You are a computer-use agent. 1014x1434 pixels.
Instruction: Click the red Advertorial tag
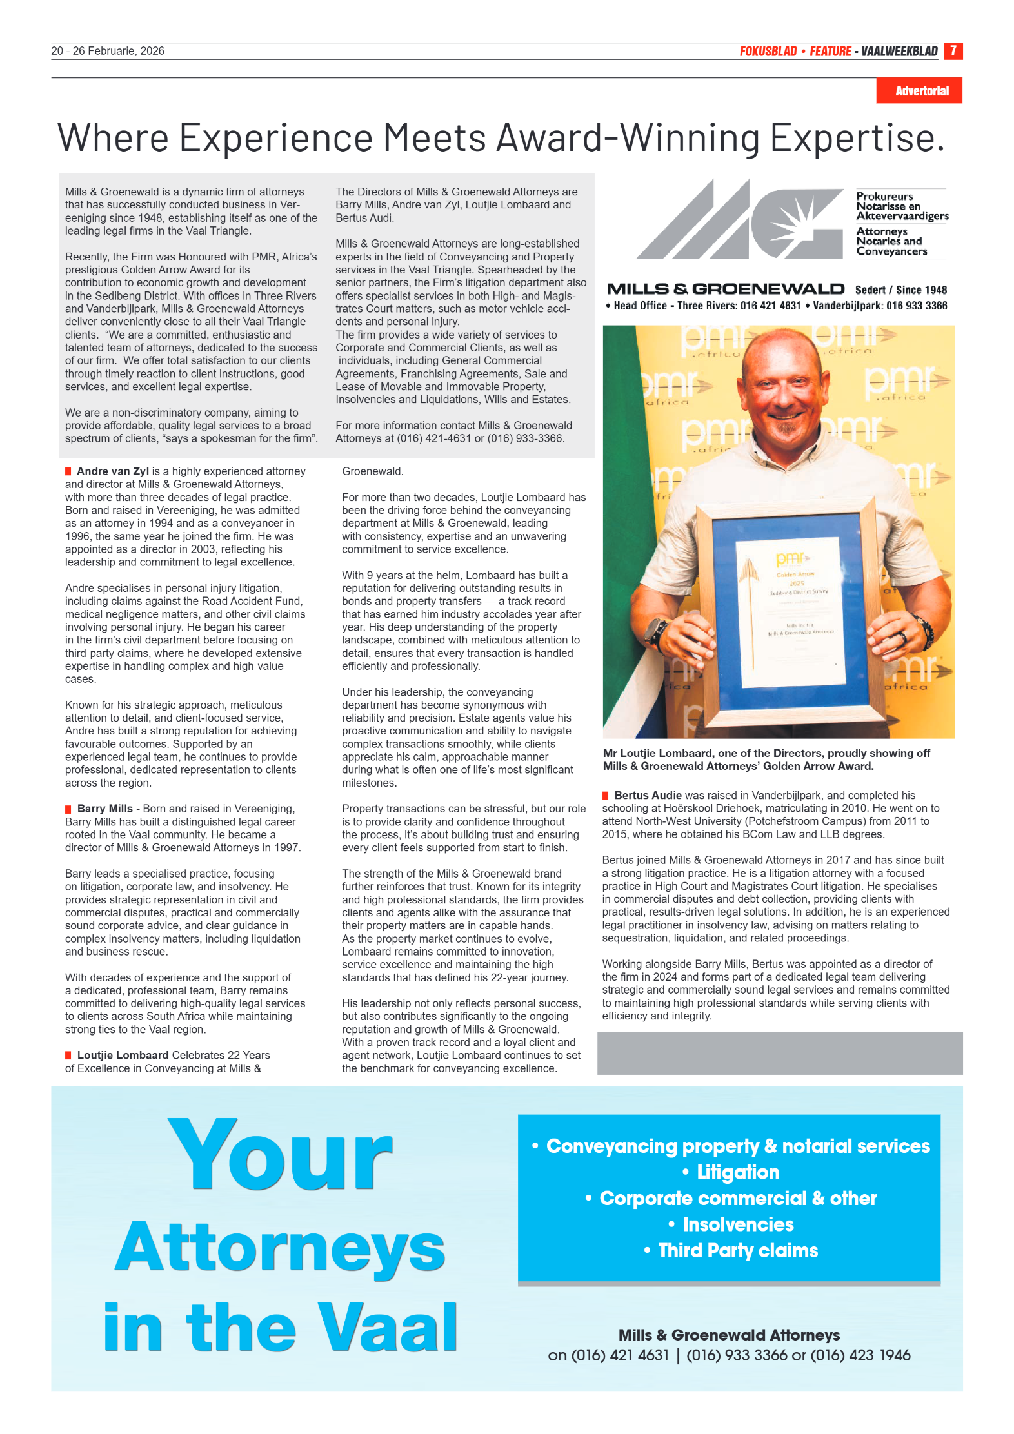(x=921, y=91)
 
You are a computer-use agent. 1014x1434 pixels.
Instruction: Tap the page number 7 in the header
(x=953, y=50)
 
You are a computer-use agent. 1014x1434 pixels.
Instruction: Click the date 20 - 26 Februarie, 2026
(x=108, y=51)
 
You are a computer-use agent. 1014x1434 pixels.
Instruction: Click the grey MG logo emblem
(x=741, y=220)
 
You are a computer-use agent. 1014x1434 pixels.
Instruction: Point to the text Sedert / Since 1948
(x=900, y=290)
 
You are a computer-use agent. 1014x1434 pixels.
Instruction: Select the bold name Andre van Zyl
(x=113, y=471)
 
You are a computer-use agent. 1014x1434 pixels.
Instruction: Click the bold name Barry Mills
(x=104, y=809)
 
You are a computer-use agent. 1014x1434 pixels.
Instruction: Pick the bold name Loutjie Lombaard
(x=123, y=1055)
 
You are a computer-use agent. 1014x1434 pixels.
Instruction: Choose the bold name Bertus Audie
(x=648, y=795)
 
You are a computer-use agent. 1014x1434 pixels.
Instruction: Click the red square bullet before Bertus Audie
(x=606, y=795)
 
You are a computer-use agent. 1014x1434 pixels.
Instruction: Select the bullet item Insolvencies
(x=737, y=1224)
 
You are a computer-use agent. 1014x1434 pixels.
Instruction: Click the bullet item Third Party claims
(x=737, y=1250)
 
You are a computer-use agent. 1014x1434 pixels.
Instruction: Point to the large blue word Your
(x=280, y=1155)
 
